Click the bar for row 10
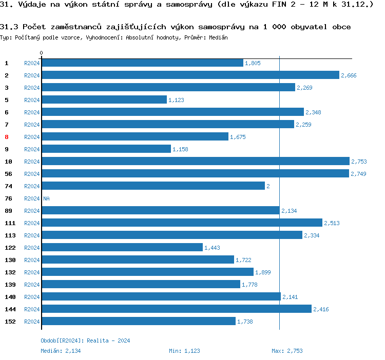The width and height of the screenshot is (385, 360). (195, 161)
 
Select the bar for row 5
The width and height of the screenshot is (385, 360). (104, 99)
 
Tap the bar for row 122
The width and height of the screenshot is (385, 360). (122, 247)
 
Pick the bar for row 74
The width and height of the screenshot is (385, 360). (153, 186)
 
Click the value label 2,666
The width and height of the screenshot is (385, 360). (349, 75)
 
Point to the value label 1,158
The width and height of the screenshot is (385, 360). (181, 149)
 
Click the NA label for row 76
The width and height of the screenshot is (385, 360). (46, 198)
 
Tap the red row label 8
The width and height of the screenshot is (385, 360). (7, 137)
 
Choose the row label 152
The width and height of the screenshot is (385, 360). (10, 322)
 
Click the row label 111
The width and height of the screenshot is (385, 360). (10, 223)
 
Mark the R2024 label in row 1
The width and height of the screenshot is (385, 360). (32, 63)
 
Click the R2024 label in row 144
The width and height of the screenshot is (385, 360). (32, 309)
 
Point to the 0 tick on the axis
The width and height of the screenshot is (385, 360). (42, 53)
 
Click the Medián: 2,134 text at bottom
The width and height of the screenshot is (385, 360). (61, 351)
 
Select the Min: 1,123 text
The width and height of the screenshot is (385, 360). (184, 351)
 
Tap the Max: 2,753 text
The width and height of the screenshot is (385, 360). (287, 351)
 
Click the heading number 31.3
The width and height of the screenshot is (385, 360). (9, 27)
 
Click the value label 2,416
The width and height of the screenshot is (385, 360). (321, 309)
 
